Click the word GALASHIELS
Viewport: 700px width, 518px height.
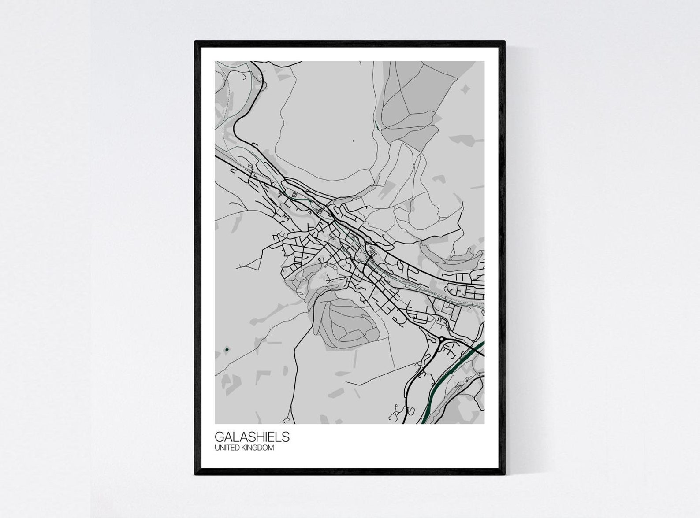tap(252, 437)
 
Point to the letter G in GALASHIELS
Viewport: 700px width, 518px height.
tap(219, 437)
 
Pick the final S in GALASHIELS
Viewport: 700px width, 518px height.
tap(286, 437)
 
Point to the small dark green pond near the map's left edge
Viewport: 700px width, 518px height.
tap(227, 349)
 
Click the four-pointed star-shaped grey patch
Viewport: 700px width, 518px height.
tap(465, 89)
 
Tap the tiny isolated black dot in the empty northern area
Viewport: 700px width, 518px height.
tap(353, 141)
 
